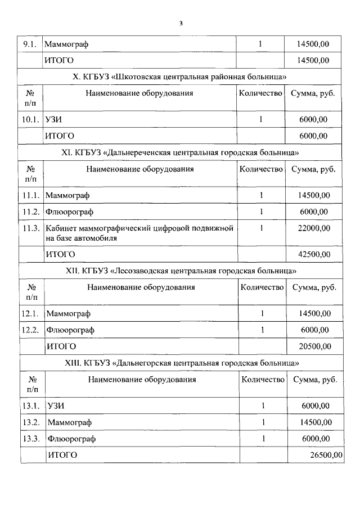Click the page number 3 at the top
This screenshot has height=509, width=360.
point(180,23)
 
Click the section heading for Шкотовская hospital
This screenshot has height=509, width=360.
point(180,76)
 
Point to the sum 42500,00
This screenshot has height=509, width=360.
point(314,254)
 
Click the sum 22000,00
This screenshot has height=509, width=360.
point(314,228)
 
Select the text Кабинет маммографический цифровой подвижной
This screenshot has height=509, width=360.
point(139,228)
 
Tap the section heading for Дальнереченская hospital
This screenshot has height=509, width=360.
point(180,152)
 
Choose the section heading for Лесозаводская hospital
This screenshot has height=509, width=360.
point(180,271)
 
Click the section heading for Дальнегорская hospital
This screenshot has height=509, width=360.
point(180,363)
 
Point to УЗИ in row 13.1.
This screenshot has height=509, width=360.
point(57,406)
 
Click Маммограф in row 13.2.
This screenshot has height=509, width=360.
point(70,422)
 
